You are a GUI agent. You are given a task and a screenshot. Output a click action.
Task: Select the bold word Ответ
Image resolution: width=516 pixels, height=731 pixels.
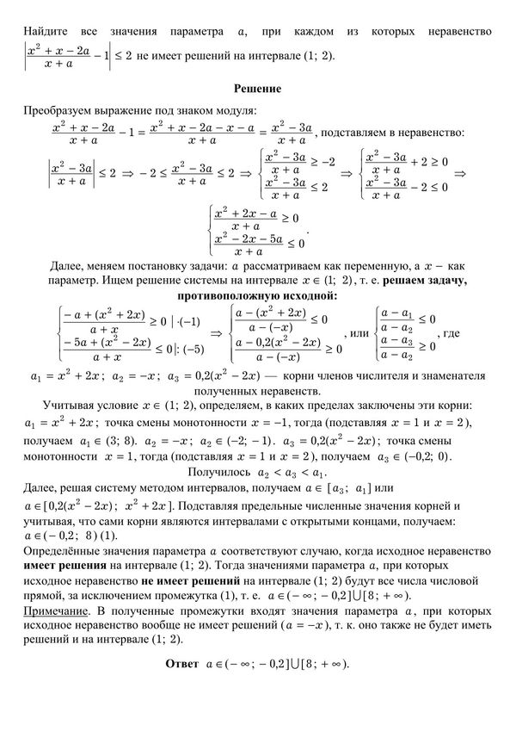[182, 664]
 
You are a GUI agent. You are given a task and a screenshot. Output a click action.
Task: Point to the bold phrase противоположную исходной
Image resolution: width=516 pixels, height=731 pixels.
[257, 295]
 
